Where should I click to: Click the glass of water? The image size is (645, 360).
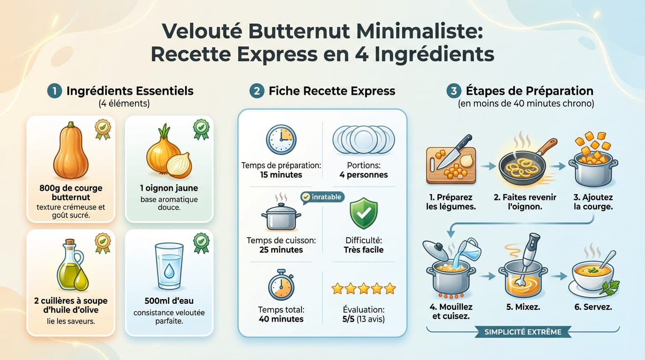point(169,267)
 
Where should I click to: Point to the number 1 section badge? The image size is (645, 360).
point(54,91)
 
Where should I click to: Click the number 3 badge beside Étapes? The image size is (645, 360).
point(454,91)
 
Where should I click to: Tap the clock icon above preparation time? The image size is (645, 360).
point(280,140)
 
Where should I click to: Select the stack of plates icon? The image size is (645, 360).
point(364,139)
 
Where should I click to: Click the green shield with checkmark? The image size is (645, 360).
point(363,213)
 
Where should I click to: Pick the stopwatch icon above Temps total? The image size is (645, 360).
point(281,285)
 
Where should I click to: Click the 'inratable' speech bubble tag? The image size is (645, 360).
point(323,197)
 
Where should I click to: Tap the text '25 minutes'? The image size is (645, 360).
point(281,250)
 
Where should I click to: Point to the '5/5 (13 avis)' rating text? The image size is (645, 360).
point(364,319)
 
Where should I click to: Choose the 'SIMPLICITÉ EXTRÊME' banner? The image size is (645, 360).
point(523,332)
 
